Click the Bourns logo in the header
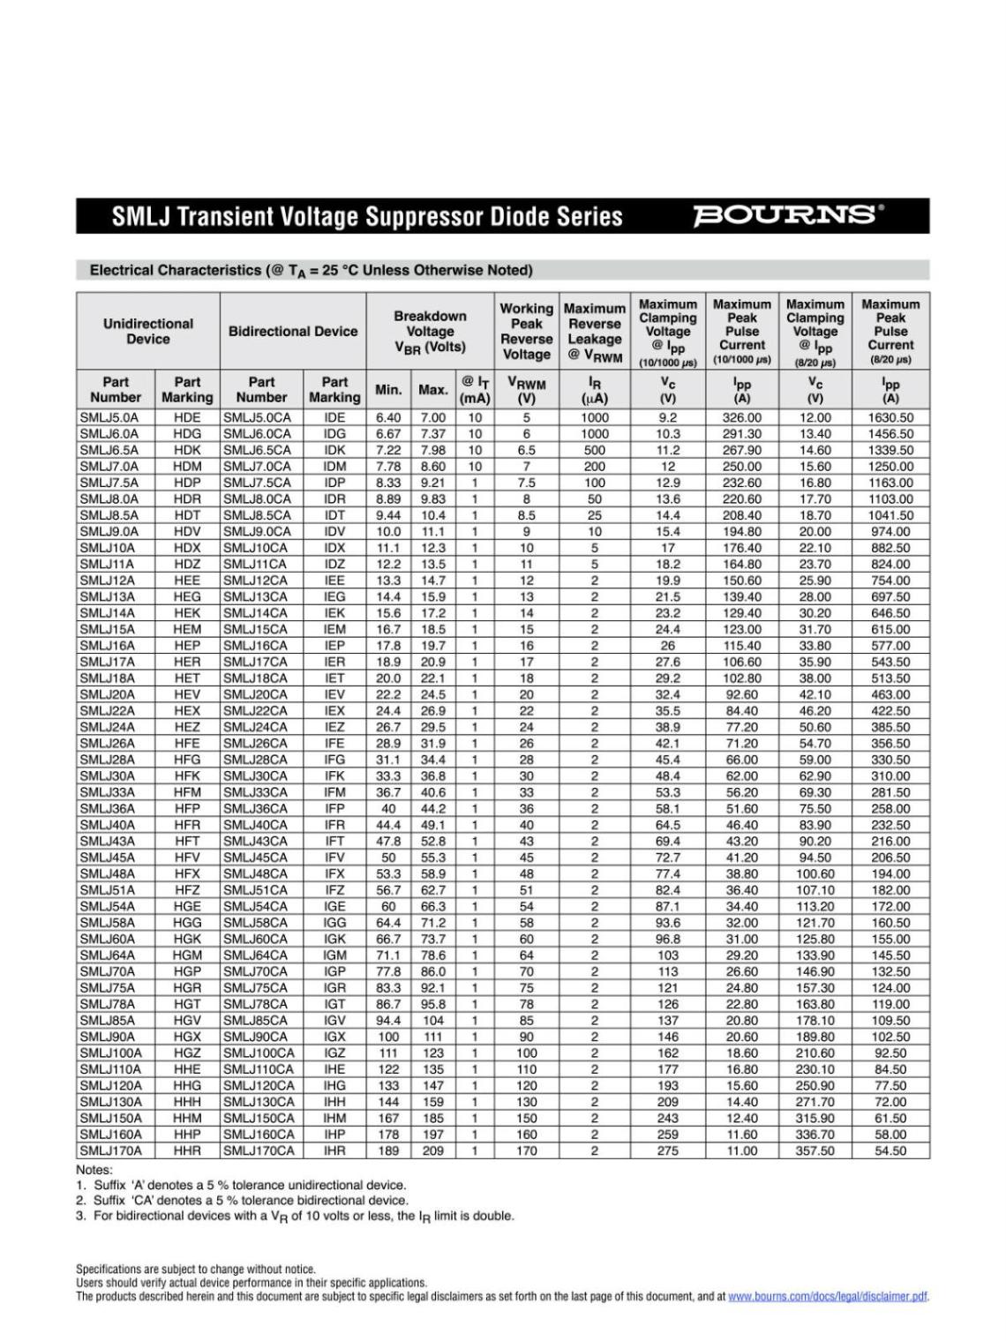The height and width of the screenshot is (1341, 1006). click(787, 215)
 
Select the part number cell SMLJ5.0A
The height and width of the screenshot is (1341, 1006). click(109, 417)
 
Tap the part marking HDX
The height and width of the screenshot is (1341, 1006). click(187, 548)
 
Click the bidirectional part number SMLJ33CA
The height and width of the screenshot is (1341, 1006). click(255, 792)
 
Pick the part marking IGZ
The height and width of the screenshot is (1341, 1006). click(334, 1053)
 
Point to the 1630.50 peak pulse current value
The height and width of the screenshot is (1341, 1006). click(890, 417)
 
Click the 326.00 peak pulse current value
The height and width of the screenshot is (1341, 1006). click(741, 417)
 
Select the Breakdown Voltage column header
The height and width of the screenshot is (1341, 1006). click(430, 331)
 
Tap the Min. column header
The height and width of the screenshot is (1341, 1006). click(389, 389)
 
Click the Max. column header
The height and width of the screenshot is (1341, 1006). click(433, 389)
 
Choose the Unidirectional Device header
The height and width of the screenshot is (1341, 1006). click(147, 331)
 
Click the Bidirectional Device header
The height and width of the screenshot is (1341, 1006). click(293, 331)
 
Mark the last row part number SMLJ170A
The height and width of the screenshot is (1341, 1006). click(111, 1151)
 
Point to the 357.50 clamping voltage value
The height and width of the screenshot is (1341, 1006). click(815, 1151)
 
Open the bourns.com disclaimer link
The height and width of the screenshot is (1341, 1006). click(828, 1296)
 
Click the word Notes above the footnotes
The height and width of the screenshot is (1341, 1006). click(94, 1170)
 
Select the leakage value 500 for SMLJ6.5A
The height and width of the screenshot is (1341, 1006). click(595, 450)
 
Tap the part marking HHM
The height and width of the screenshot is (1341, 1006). click(187, 1119)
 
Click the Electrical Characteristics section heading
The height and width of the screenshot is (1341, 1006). click(311, 270)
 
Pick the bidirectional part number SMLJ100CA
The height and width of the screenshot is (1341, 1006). click(259, 1053)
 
